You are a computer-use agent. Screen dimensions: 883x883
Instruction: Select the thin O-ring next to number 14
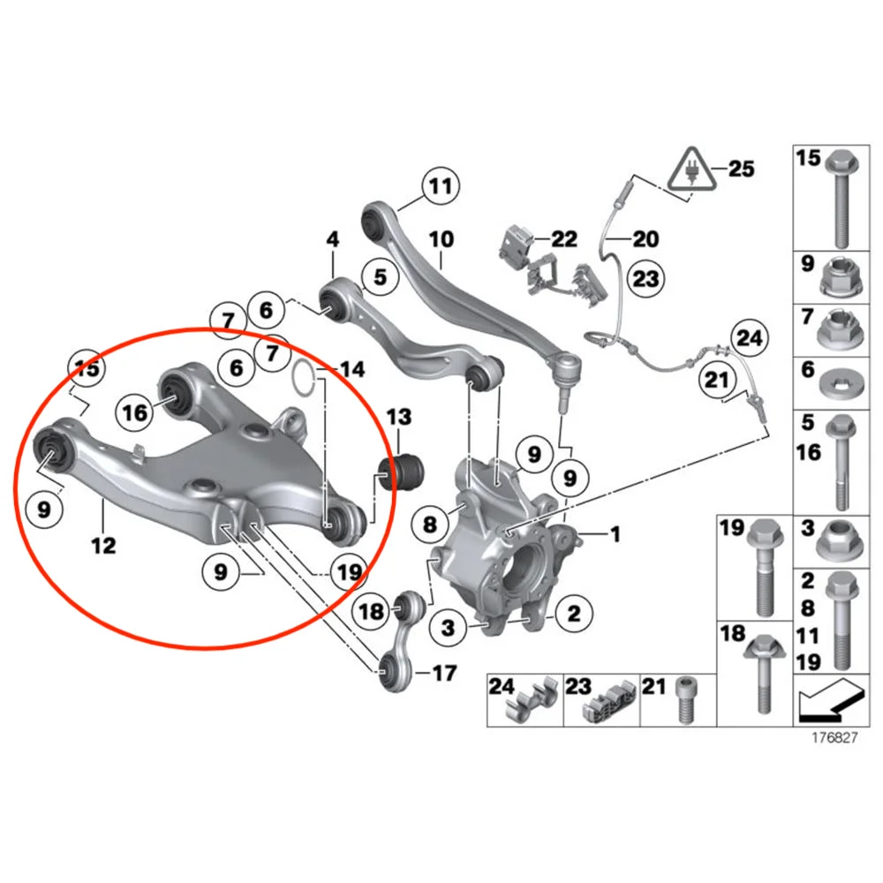click(302, 377)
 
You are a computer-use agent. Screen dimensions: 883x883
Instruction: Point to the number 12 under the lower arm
click(102, 546)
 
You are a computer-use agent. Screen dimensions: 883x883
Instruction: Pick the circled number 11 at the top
click(440, 186)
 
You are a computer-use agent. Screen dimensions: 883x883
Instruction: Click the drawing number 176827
click(834, 738)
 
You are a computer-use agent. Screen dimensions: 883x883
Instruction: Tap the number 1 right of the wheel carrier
click(615, 533)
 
